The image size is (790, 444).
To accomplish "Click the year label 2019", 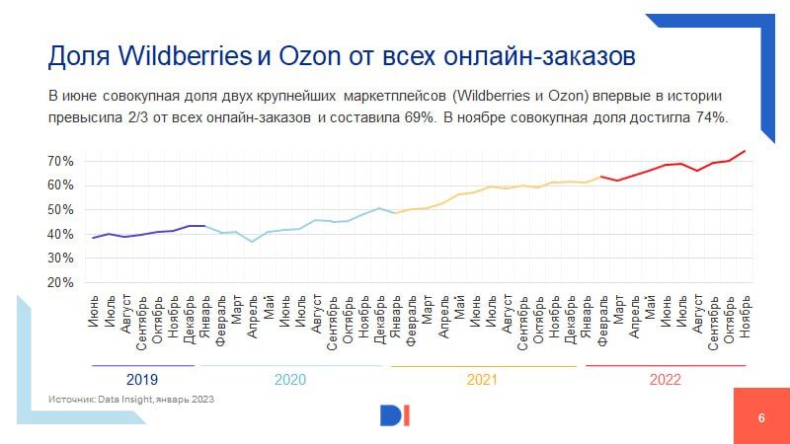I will click(142, 379).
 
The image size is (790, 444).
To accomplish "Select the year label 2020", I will click(289, 379).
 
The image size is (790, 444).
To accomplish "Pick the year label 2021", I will click(482, 379).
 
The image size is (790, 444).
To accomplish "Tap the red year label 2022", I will click(665, 379).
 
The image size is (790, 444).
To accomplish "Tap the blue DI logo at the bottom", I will click(395, 415).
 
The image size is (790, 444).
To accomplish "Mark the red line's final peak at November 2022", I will click(745, 151).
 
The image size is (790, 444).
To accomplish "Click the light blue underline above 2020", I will click(289, 366).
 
